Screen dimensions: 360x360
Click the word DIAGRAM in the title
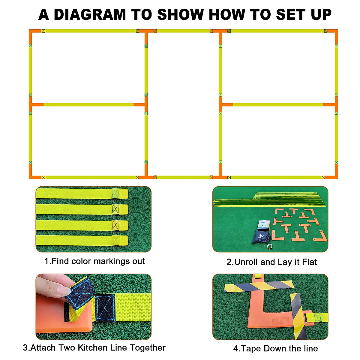point(89,15)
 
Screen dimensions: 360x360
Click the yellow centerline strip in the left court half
point(88,105)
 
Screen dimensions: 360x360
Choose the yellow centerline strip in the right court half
point(278,105)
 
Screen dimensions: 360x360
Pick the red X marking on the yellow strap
point(115,225)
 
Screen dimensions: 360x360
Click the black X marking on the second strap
point(115,209)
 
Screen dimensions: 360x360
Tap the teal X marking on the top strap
point(115,193)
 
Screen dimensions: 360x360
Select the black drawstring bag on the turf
point(261,237)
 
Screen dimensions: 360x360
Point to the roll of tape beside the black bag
point(270,246)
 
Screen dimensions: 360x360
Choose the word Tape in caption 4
point(248,349)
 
